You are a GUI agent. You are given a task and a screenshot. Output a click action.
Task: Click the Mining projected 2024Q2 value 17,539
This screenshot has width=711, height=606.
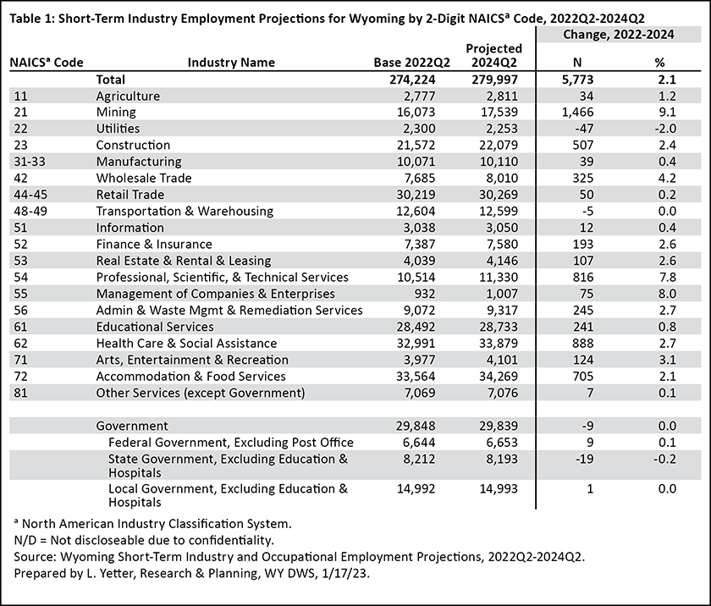point(499,112)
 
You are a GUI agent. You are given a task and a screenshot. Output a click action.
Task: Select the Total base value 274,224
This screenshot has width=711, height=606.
point(412,80)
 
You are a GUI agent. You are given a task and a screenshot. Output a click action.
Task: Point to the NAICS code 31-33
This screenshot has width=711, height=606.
point(30,162)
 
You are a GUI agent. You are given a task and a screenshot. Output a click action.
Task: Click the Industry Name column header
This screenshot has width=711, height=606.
point(231,62)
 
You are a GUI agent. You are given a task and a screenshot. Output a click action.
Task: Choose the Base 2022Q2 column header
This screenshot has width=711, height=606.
point(411,63)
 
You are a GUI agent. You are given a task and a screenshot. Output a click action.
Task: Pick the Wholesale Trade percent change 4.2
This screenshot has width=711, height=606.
point(668,178)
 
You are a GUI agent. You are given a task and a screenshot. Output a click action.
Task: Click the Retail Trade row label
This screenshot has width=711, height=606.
point(130,195)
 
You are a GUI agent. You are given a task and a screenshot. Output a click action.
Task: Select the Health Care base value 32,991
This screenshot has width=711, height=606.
point(416,343)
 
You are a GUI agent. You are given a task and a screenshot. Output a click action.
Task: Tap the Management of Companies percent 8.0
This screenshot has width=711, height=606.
point(668,294)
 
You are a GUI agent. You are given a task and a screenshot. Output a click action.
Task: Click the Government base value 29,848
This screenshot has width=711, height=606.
point(416,426)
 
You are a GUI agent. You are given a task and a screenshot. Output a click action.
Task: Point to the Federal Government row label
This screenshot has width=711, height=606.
point(231,443)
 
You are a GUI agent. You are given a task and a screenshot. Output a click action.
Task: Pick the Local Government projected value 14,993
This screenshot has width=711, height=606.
point(499,488)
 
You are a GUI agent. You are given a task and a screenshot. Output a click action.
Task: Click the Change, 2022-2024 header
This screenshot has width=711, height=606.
point(619,35)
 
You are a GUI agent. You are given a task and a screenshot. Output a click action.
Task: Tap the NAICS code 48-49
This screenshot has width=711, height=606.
point(30,212)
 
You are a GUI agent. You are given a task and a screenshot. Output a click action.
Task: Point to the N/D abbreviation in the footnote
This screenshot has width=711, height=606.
point(26,540)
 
